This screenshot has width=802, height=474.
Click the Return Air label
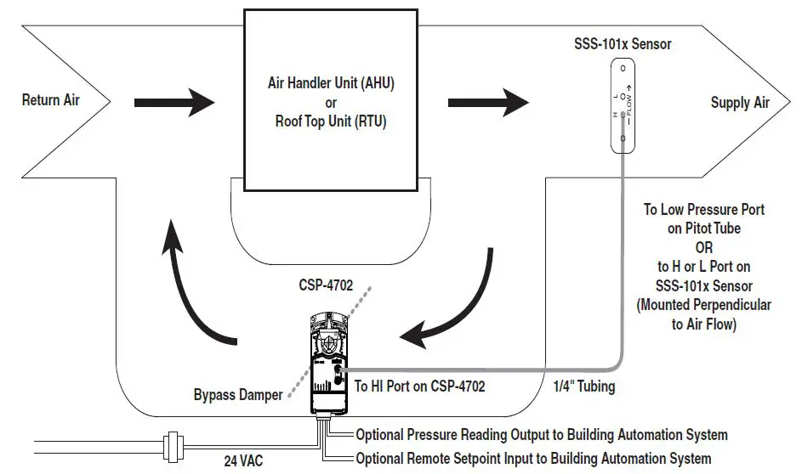(x=51, y=100)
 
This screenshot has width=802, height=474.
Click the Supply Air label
(x=740, y=103)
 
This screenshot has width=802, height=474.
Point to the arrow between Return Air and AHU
(x=174, y=103)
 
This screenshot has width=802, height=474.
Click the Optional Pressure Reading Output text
(x=542, y=435)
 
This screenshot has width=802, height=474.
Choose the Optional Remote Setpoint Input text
(x=533, y=459)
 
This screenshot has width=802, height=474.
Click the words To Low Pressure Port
(x=703, y=210)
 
